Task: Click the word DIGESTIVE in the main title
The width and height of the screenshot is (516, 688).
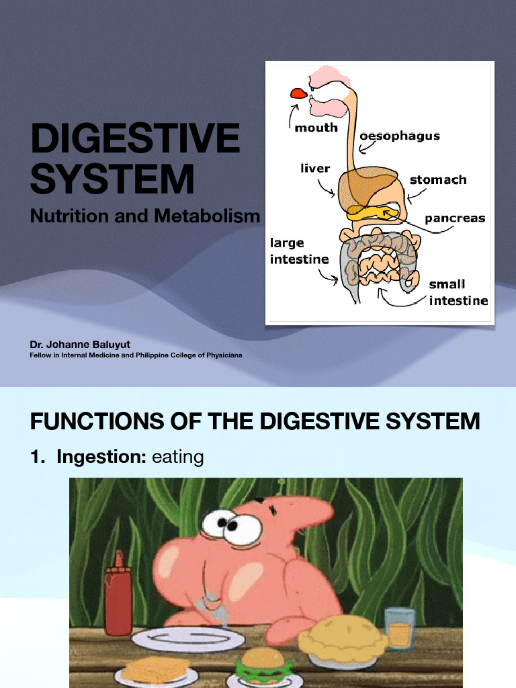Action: click(134, 138)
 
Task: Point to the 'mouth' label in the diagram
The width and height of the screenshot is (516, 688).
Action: click(316, 127)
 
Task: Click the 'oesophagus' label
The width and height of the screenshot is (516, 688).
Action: click(400, 136)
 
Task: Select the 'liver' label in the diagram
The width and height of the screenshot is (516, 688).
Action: click(315, 168)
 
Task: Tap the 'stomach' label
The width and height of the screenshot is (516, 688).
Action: click(438, 179)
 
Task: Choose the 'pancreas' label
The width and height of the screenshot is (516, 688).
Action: click(455, 218)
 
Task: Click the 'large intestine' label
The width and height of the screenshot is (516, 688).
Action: click(300, 251)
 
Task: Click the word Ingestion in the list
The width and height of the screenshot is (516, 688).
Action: click(101, 458)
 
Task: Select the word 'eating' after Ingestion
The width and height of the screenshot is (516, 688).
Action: click(178, 458)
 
